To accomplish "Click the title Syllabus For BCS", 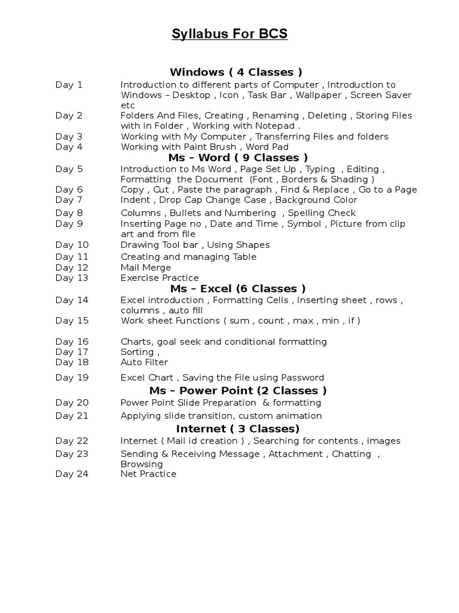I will pyautogui.click(x=229, y=34).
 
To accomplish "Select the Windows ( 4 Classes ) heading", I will pyautogui.click(x=236, y=72).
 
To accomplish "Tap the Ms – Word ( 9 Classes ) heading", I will pyautogui.click(x=238, y=157).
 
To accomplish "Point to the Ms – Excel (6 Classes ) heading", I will pyautogui.click(x=238, y=289).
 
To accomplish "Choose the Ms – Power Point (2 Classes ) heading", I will pyautogui.click(x=238, y=390).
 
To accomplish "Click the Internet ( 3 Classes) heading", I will pyautogui.click(x=238, y=429).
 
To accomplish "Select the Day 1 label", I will pyautogui.click(x=69, y=85).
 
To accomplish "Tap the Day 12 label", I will pyautogui.click(x=72, y=268).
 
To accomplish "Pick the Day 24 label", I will pyautogui.click(x=72, y=474).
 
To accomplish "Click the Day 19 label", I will pyautogui.click(x=72, y=378).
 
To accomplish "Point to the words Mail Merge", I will pyautogui.click(x=146, y=268).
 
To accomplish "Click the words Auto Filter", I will pyautogui.click(x=144, y=362).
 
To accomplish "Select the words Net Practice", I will pyautogui.click(x=148, y=474).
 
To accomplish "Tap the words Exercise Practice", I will pyautogui.click(x=160, y=278).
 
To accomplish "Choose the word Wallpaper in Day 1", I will pyautogui.click(x=319, y=95).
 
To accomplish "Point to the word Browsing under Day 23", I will pyautogui.click(x=142, y=464).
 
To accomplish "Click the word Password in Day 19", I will pyautogui.click(x=303, y=378).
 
